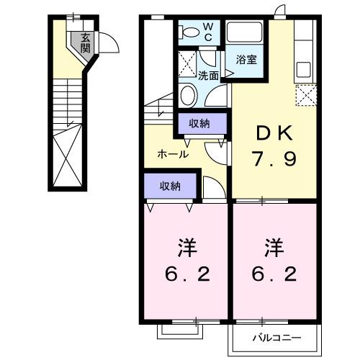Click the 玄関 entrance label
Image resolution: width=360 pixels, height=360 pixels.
tap(86, 43)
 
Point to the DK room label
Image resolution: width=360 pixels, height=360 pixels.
tap(273, 133)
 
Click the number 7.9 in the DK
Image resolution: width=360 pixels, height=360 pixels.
tap(274, 158)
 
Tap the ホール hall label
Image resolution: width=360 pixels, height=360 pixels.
tap(173, 154)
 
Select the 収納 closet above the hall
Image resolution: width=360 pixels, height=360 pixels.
tap(199, 124)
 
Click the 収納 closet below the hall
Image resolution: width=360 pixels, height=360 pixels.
tap(170, 186)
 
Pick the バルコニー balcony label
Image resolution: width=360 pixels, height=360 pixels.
tap(276, 337)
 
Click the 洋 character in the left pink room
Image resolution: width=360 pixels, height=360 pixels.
tap(186, 248)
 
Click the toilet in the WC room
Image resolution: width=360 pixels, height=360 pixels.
tap(190, 33)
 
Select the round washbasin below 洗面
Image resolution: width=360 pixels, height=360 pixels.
tap(189, 94)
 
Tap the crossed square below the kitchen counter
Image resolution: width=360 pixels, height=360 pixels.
tap(306, 95)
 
